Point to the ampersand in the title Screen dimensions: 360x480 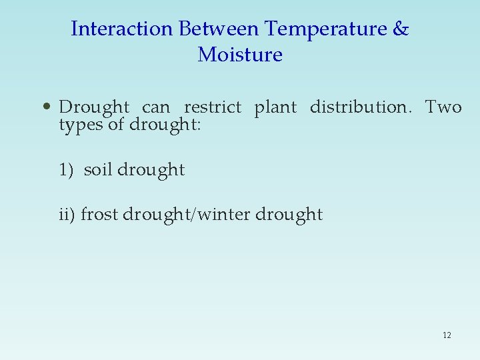tap(401, 29)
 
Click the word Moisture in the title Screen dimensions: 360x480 tap(240, 55)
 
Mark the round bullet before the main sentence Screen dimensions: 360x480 tap(45, 107)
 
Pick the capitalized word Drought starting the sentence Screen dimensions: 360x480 tap(94, 107)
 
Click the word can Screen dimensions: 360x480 tap(156, 107)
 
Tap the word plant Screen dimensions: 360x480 tap(275, 107)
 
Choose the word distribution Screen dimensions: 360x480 tap(361, 107)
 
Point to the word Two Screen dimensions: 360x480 tap(443, 107)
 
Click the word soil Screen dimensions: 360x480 tap(98, 170)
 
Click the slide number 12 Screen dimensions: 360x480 tap(447, 335)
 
